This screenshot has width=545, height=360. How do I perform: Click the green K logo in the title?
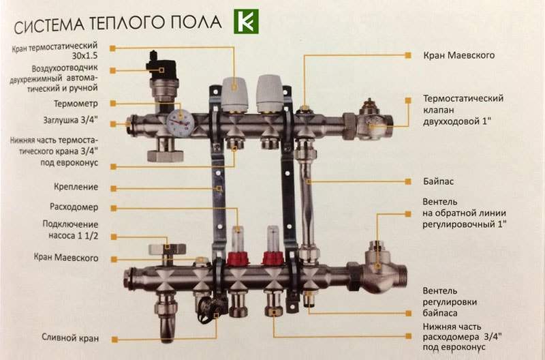246,22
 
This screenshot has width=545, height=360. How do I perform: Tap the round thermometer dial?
181,123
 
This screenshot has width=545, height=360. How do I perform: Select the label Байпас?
438,181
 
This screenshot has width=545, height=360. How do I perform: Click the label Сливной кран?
70,337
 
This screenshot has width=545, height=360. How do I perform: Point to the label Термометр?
76,104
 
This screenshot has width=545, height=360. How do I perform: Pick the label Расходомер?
74,207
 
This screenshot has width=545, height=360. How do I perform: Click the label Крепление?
76,187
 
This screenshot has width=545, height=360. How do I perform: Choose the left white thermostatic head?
234,93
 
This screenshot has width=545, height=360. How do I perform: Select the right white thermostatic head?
269,93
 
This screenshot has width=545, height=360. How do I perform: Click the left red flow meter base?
237,258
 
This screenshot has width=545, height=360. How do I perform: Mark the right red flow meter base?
273,258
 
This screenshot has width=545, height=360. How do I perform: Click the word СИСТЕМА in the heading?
49,25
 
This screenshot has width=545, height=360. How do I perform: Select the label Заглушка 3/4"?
71,121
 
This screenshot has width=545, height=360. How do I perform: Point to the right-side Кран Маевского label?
458,56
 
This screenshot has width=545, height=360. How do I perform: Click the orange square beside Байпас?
408,181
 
